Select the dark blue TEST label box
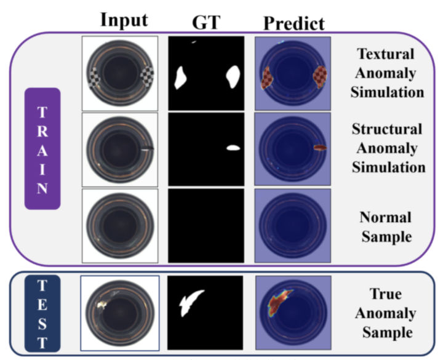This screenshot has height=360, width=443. point(42,314)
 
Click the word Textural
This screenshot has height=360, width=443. point(387,54)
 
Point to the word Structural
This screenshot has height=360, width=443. point(387,129)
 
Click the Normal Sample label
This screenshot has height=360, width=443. point(387,227)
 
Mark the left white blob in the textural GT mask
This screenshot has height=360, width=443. point(182,78)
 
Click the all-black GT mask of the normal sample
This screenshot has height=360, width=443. point(206,225)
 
